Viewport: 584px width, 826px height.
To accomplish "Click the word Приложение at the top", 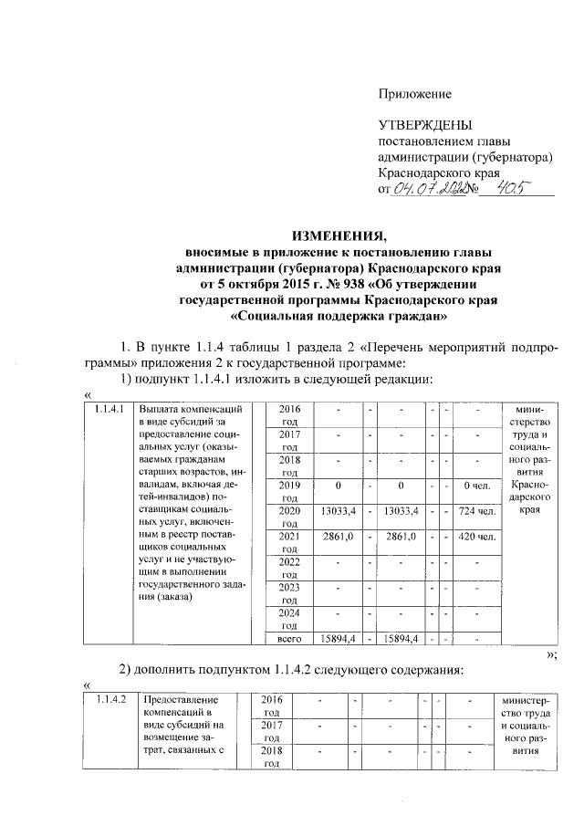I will tap(415, 94).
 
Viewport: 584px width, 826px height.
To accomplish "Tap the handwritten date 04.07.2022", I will tap(428, 188).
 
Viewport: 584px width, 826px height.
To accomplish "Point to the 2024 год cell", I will tap(289, 618).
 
